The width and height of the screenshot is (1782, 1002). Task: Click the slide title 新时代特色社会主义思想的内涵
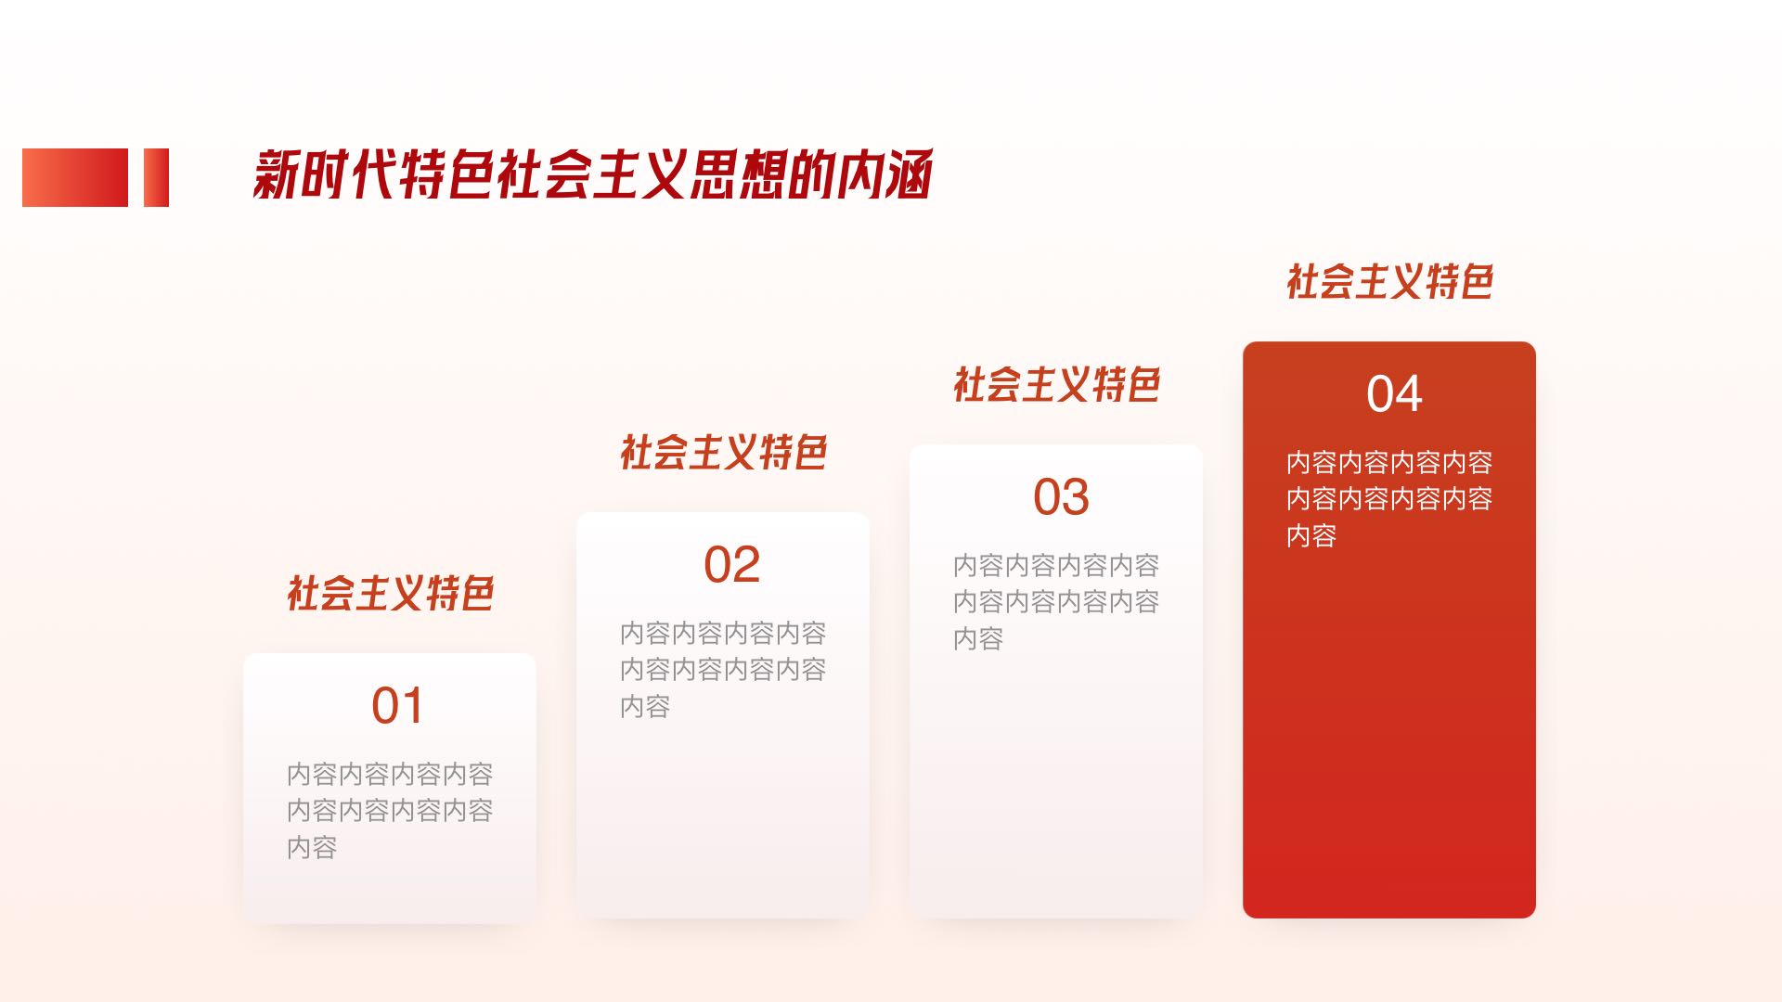pyautogui.click(x=592, y=174)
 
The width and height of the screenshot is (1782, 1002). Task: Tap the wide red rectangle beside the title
pyautogui.click(x=75, y=177)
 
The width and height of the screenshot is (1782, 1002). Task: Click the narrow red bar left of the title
pyautogui.click(x=156, y=177)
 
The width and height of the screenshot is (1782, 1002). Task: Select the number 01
pyautogui.click(x=397, y=706)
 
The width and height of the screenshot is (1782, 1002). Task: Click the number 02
pyautogui.click(x=731, y=565)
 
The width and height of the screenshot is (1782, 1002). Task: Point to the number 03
pyautogui.click(x=1061, y=497)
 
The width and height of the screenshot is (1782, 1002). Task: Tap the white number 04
pyautogui.click(x=1394, y=394)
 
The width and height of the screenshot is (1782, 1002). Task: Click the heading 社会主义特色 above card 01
pyautogui.click(x=390, y=594)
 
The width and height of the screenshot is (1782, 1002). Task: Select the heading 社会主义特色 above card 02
pyautogui.click(x=723, y=453)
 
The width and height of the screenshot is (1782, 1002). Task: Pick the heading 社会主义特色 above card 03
pyautogui.click(x=1056, y=385)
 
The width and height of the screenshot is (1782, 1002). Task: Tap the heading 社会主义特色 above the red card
pyautogui.click(x=1389, y=282)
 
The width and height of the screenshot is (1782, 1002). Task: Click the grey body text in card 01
pyautogui.click(x=390, y=810)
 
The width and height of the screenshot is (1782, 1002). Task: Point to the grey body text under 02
pyautogui.click(x=723, y=669)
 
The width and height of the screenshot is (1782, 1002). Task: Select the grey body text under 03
pyautogui.click(x=1056, y=601)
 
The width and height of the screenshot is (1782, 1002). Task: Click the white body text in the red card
pyautogui.click(x=1389, y=498)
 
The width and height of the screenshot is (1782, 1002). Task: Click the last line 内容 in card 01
pyautogui.click(x=312, y=847)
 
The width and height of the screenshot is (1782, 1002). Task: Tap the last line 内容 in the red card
pyautogui.click(x=1311, y=535)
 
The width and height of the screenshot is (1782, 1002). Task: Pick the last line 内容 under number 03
pyautogui.click(x=978, y=638)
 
